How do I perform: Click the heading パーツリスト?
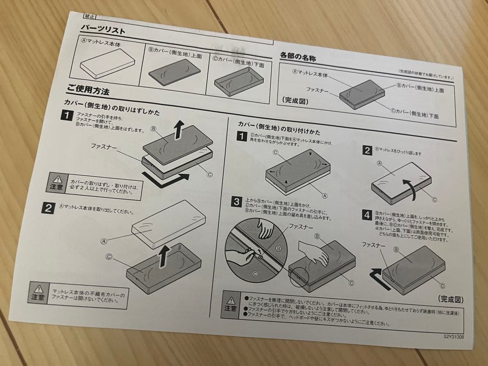coord(103,30)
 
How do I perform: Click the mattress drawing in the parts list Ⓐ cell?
coord(107,64)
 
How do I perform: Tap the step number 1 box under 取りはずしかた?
coord(66,116)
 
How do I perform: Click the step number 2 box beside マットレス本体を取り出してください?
coord(48,208)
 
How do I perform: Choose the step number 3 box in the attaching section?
coord(236,202)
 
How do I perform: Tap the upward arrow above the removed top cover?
coord(179,131)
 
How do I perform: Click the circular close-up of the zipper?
coord(256,249)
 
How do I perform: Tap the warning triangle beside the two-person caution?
coord(57,179)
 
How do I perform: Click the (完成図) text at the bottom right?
coord(450,299)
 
